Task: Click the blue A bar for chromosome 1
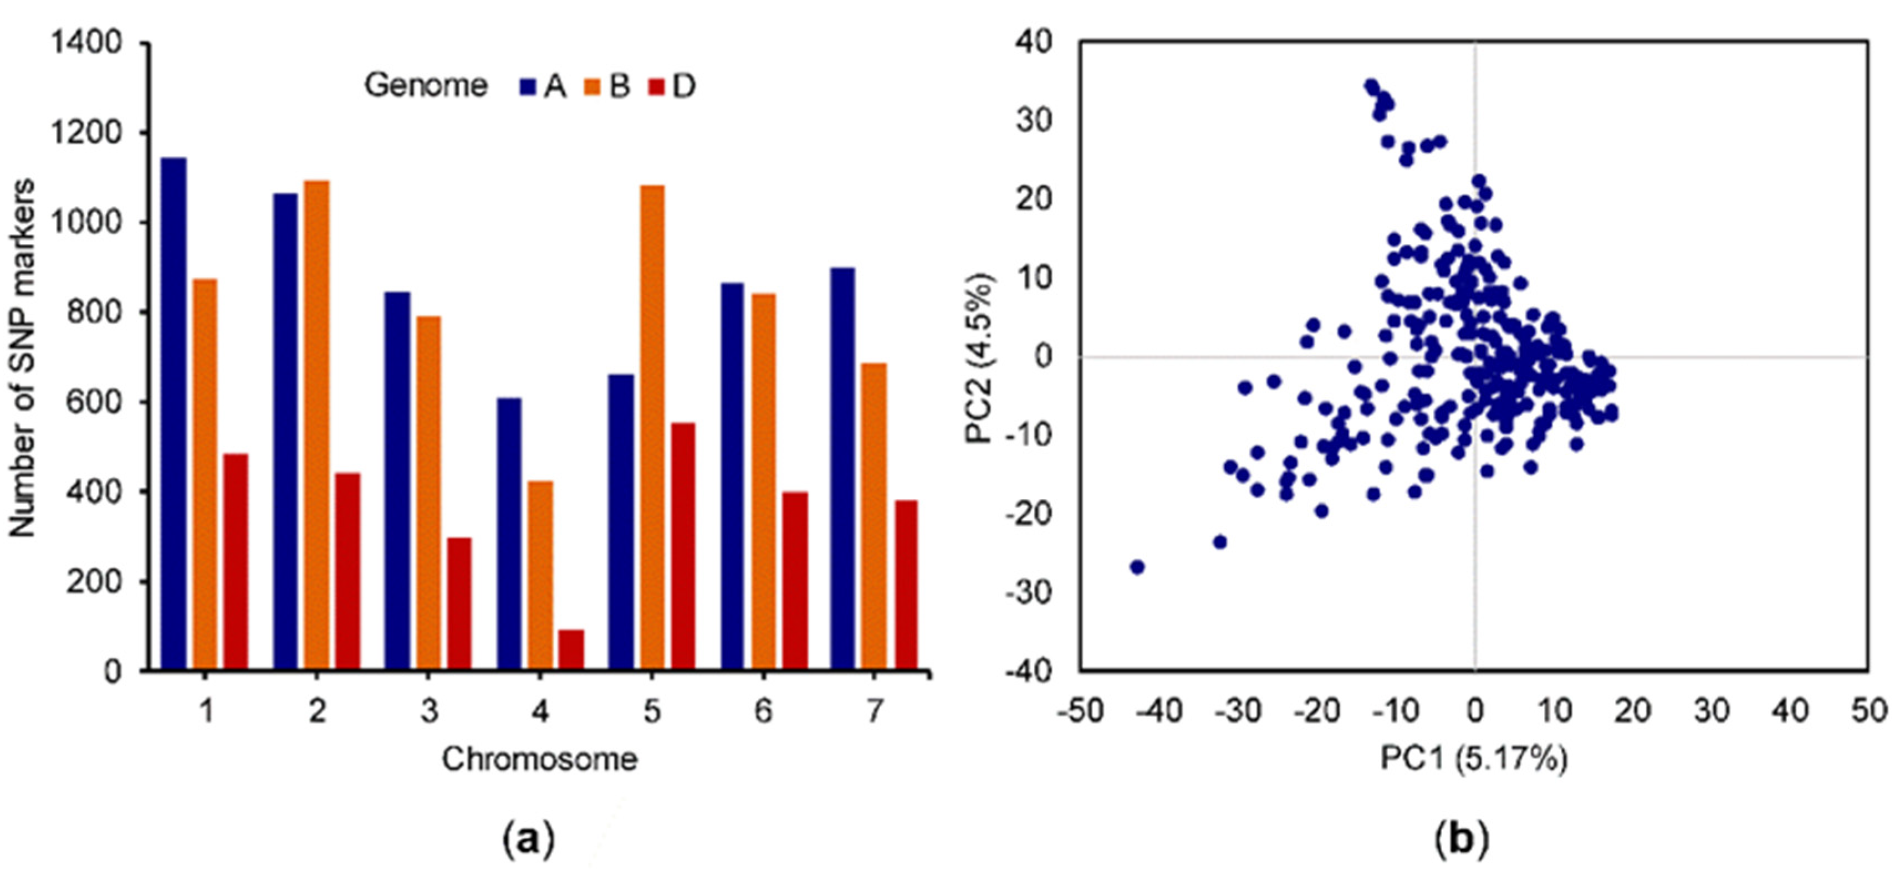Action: coord(174,413)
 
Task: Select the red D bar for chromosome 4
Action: coord(571,649)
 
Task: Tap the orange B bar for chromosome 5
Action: coord(651,428)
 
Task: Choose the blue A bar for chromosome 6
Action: coord(732,475)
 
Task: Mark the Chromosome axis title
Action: coord(539,760)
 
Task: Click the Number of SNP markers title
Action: coord(22,357)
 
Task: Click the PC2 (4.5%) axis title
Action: coord(980,357)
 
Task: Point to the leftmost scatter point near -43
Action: coord(1137,567)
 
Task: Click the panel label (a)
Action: coord(528,839)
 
